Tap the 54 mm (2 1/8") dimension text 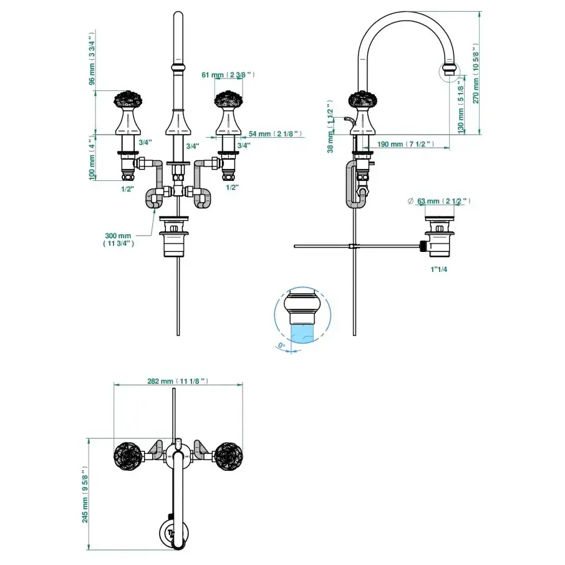[275, 133]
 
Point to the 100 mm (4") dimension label [91, 158]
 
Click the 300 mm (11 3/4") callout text [118, 239]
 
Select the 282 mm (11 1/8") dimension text [178, 380]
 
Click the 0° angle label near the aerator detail [282, 345]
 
